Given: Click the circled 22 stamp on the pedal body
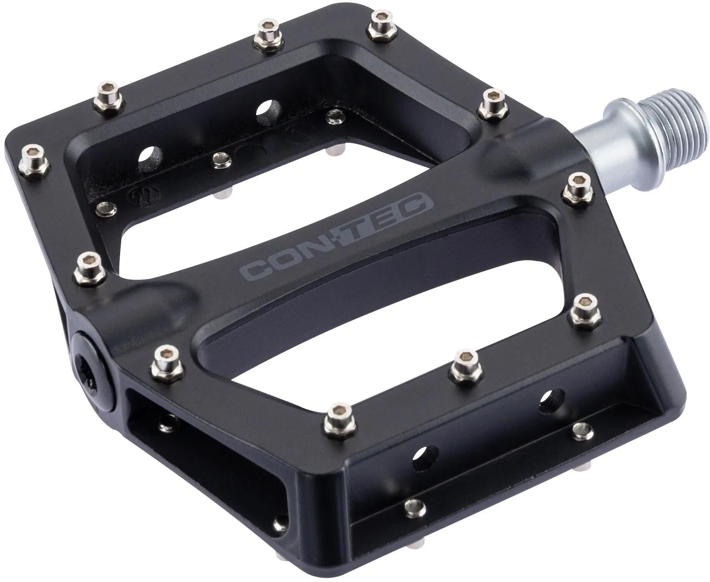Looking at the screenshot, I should coord(135,196).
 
